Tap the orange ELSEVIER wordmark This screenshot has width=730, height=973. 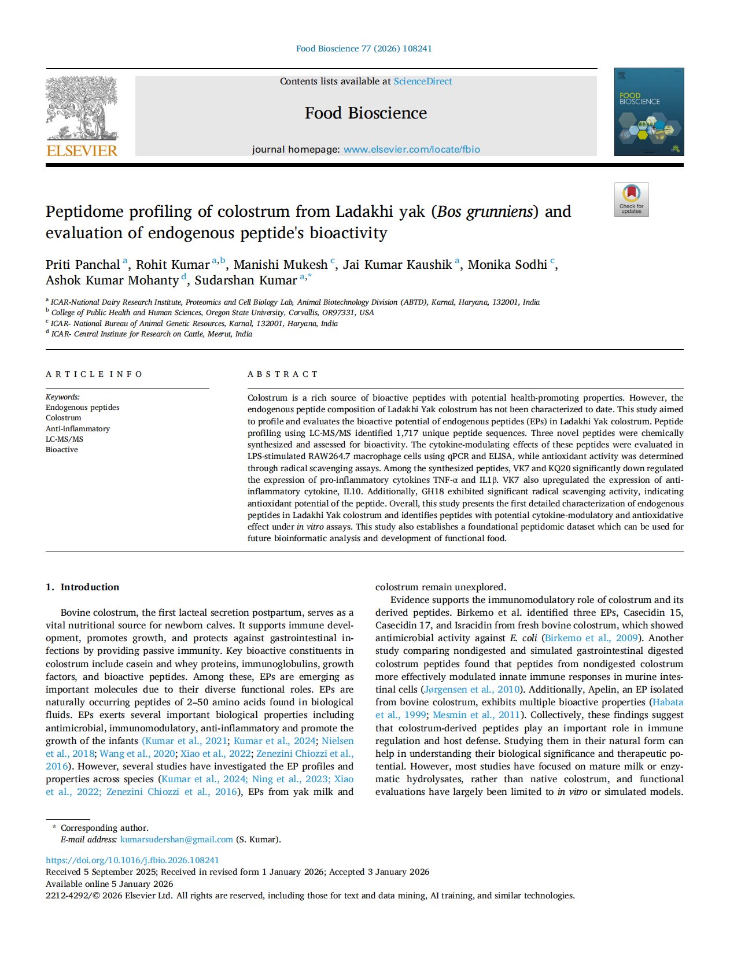[x=82, y=151]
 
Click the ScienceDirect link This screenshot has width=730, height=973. [x=422, y=82]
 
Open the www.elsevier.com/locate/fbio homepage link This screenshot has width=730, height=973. [x=411, y=149]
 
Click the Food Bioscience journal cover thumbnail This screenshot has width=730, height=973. [x=648, y=112]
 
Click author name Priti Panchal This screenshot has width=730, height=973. [x=83, y=265]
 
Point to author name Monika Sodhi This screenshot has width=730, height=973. [x=507, y=265]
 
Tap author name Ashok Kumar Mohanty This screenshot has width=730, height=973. [x=112, y=280]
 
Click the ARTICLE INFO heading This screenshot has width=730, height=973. [x=94, y=374]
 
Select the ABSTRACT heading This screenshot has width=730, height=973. [x=282, y=374]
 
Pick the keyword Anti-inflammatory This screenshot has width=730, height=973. [x=78, y=428]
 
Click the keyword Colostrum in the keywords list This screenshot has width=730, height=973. [x=64, y=418]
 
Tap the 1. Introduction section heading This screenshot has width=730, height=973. [x=82, y=587]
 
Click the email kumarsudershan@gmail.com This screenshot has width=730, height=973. [x=176, y=839]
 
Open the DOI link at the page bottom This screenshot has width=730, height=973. [x=132, y=860]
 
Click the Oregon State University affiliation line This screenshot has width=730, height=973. [x=212, y=313]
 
